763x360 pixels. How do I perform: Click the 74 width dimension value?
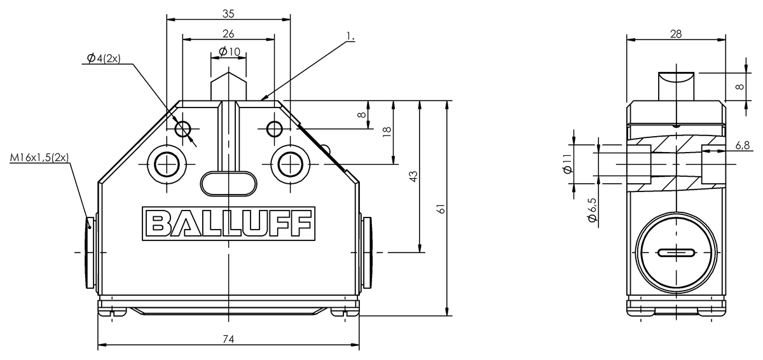228,339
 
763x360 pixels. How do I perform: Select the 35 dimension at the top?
228,13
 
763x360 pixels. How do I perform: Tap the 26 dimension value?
228,34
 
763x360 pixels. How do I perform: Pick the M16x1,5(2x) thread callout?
39,158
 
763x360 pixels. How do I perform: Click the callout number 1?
350,36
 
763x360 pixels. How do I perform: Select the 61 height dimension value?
441,209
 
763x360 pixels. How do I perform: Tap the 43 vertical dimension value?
413,176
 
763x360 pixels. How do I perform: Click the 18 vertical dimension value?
387,132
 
